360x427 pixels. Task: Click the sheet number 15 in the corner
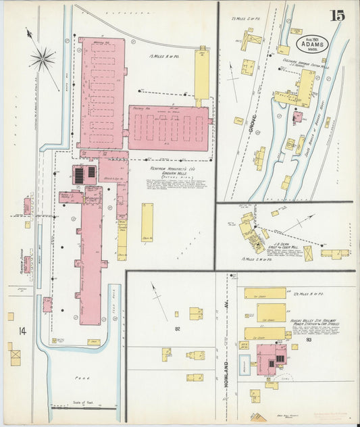336,16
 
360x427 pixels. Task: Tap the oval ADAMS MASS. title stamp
311,45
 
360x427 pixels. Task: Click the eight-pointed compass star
42,59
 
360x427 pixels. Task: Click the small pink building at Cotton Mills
297,117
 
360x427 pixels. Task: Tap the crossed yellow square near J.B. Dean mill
308,253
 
